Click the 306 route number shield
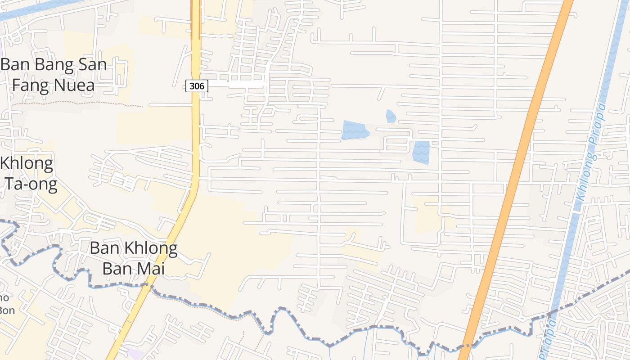point(197,85)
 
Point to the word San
point(92,65)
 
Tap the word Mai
point(149,268)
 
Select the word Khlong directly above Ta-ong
point(27,163)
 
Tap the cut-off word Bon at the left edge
point(6,310)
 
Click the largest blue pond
point(355,130)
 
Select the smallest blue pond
point(391,116)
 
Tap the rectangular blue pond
point(421,152)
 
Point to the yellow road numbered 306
point(196,135)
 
